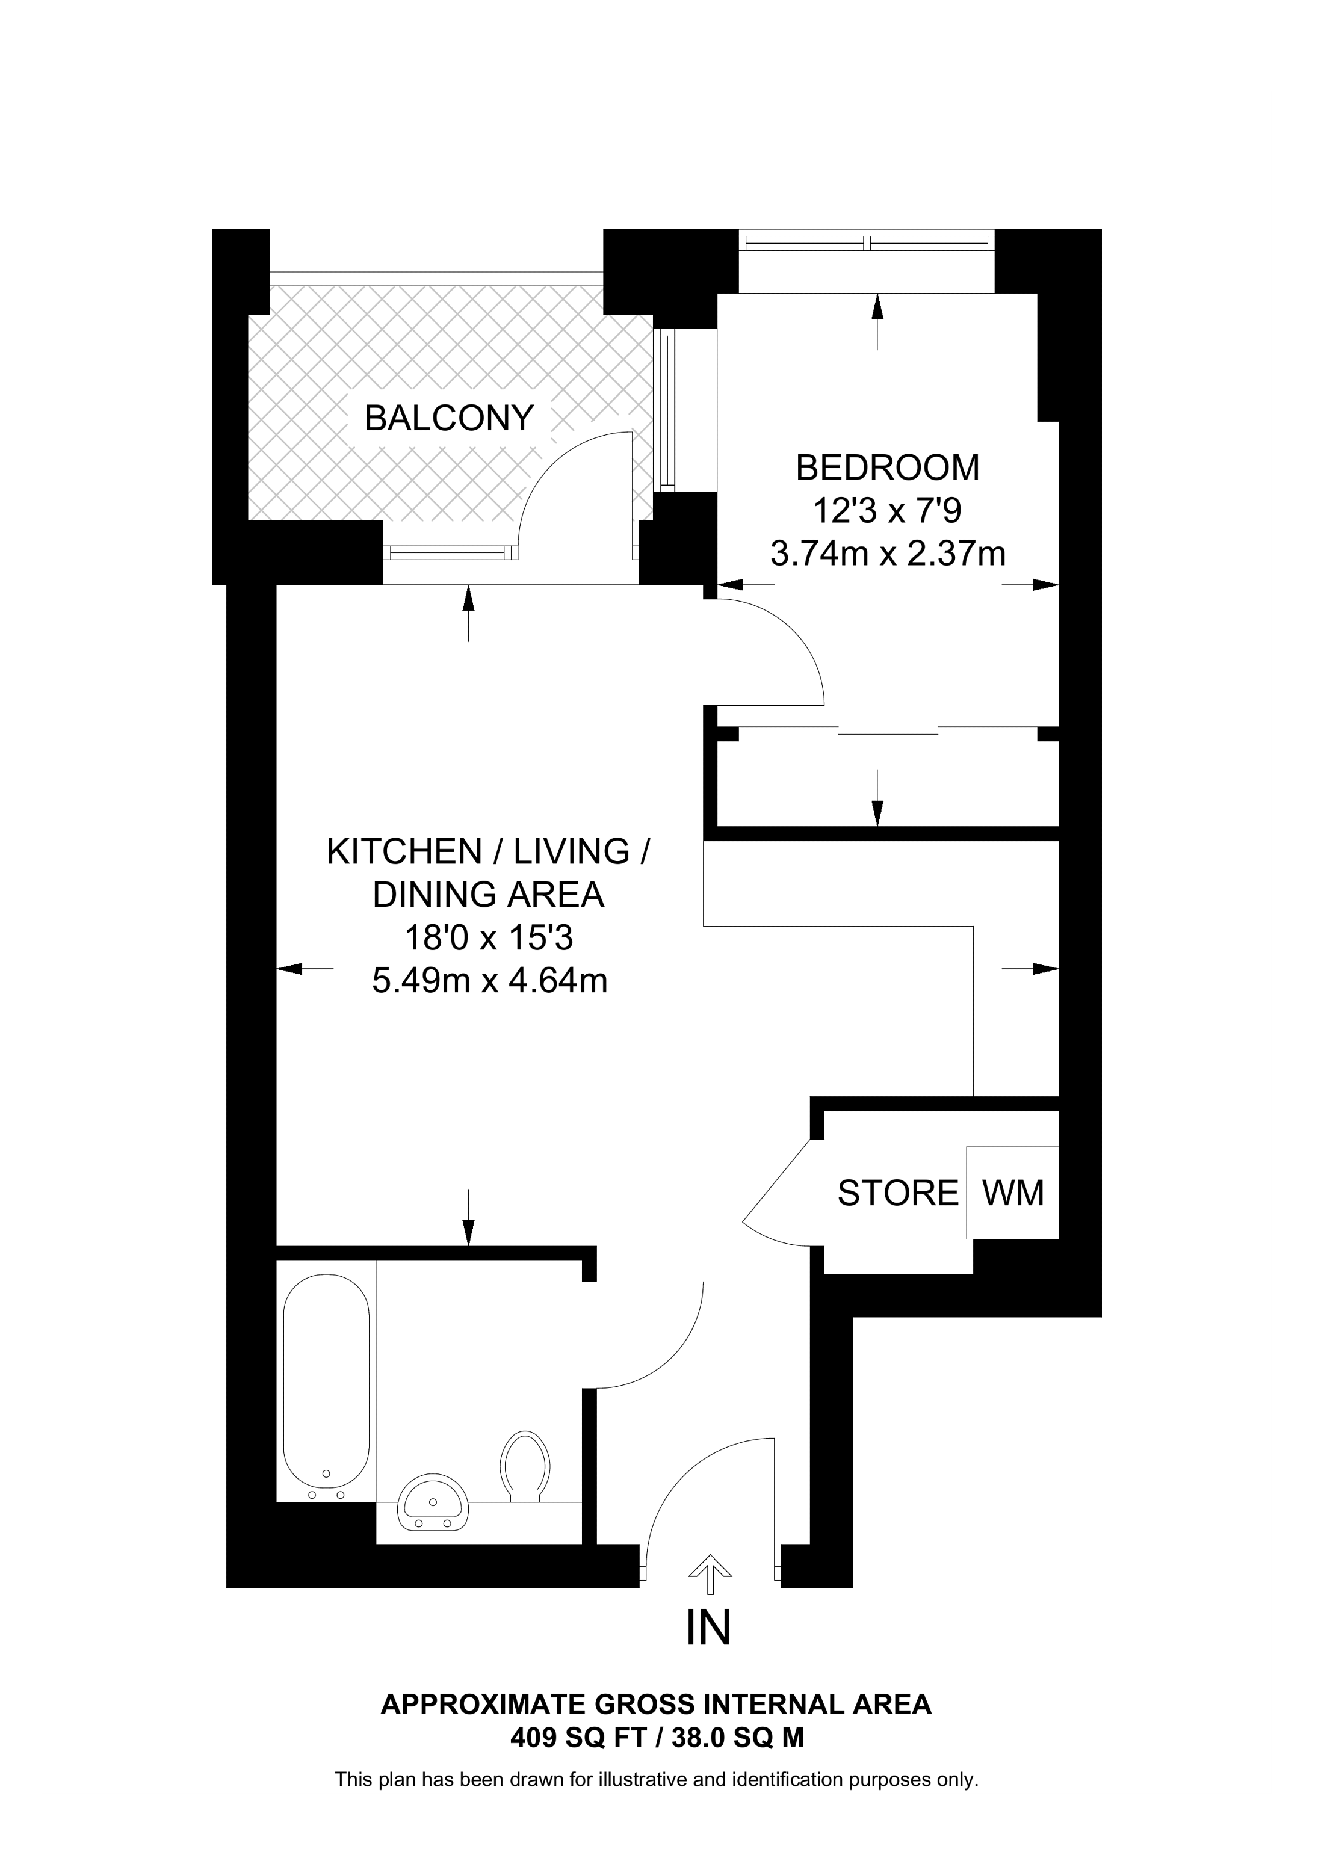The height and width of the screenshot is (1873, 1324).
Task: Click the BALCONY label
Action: coord(449,419)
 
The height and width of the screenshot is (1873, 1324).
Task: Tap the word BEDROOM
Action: coord(888,468)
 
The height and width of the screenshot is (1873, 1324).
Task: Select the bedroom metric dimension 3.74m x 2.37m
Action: coord(888,555)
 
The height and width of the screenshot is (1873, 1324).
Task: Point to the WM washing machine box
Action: coord(1012,1193)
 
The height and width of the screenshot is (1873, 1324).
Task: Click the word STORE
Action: coord(897,1194)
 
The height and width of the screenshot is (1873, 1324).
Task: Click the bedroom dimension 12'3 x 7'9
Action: coord(888,511)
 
